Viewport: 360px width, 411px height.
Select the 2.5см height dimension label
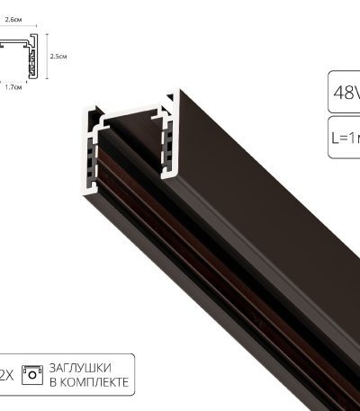point(58,56)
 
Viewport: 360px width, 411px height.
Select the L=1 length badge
point(344,137)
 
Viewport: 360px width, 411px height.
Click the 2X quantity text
point(6,375)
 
